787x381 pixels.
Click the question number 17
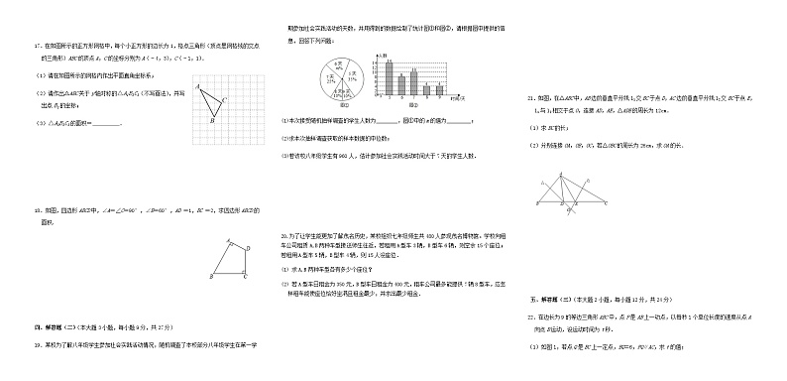pos(37,47)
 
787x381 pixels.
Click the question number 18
pos(37,211)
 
